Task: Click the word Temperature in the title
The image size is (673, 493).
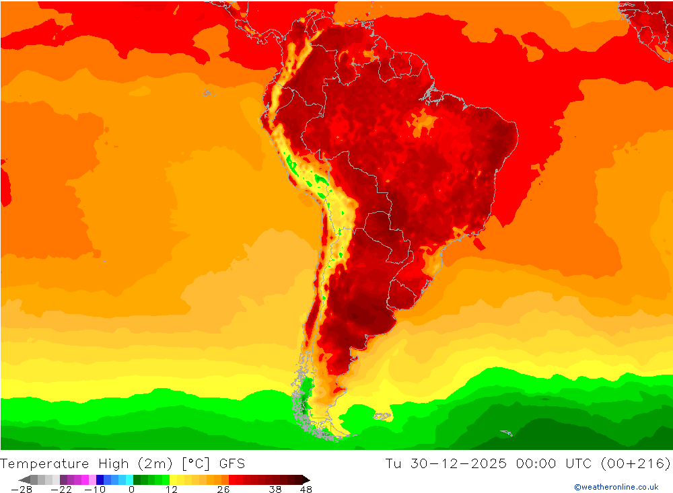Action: coord(44,463)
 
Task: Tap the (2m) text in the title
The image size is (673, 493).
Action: coord(156,463)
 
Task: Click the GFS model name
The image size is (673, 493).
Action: coord(232,463)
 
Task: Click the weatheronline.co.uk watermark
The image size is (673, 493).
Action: coord(616,487)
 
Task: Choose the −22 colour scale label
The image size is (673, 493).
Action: coord(62,490)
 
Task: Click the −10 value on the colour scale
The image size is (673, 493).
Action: coord(95,490)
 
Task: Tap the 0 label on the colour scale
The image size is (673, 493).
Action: coord(131,490)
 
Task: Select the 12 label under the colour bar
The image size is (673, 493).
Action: coord(171,490)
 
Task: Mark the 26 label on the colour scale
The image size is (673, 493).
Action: coord(223,490)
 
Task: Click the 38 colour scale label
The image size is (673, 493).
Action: coord(275,490)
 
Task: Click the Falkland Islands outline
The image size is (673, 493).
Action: coord(382,416)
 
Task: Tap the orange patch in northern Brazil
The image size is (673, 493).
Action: coord(423,124)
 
